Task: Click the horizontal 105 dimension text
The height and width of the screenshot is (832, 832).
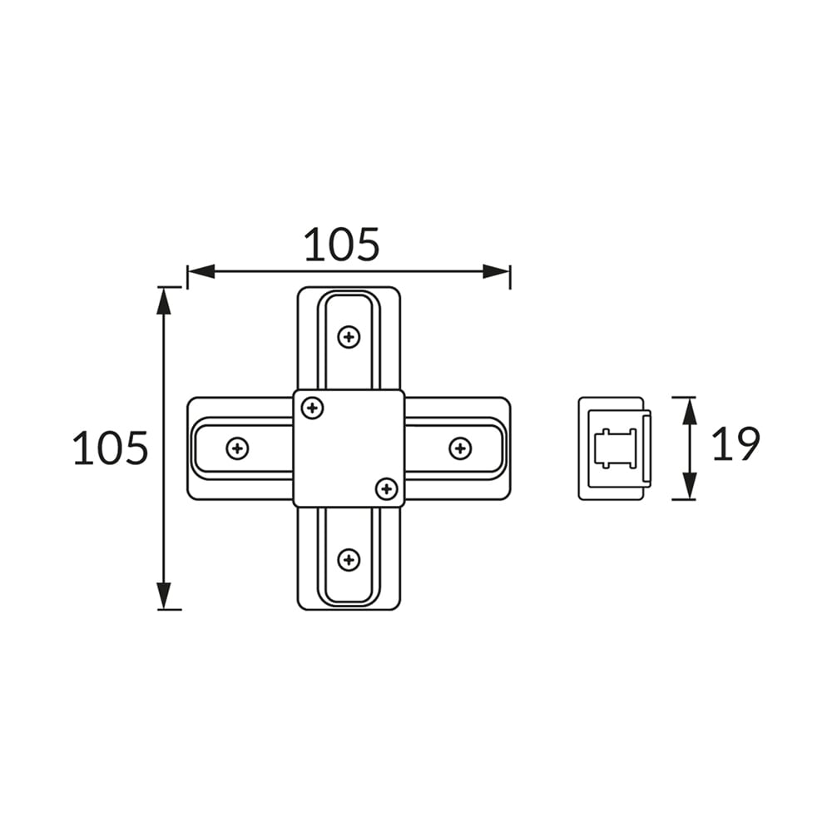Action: [x=341, y=245]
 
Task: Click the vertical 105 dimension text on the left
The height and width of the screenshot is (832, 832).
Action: [x=111, y=448]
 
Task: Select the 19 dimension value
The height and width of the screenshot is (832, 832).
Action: [x=735, y=443]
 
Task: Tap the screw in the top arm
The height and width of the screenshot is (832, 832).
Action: [x=349, y=337]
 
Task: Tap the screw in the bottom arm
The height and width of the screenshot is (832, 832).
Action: [x=349, y=559]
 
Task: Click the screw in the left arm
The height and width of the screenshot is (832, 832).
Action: [x=237, y=448]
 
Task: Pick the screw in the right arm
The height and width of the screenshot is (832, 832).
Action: [x=460, y=448]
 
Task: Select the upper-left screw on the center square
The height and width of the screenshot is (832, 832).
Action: [x=312, y=408]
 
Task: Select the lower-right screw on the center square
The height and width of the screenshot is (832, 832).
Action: [x=386, y=488]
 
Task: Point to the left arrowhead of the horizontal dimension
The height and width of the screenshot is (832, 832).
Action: [x=201, y=271]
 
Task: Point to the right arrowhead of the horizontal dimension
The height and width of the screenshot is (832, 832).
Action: [x=497, y=271]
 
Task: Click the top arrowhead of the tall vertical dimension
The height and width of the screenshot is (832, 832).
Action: [x=164, y=300]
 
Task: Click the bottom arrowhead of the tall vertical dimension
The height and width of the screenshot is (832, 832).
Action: [x=164, y=596]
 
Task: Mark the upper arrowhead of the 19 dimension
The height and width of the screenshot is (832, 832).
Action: [x=689, y=411]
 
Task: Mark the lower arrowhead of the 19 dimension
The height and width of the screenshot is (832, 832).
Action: [x=689, y=486]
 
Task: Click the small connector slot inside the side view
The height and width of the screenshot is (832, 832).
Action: [x=616, y=448]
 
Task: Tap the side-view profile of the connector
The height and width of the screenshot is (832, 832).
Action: [x=614, y=448]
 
